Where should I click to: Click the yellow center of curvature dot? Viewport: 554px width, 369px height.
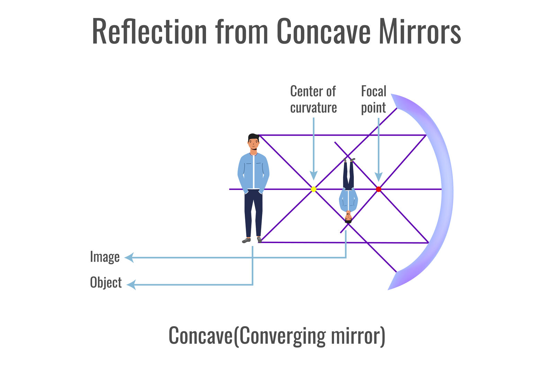click(314, 189)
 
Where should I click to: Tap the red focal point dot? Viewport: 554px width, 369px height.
click(378, 189)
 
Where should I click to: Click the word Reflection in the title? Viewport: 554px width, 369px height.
click(149, 31)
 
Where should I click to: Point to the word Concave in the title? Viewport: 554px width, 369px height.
click(324, 31)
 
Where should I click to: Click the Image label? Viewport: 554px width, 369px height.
click(105, 257)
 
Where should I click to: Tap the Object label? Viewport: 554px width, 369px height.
click(106, 283)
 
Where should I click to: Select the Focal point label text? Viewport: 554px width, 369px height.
click(374, 99)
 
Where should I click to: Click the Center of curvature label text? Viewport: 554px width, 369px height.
click(313, 99)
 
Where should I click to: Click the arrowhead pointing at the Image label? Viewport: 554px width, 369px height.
click(129, 258)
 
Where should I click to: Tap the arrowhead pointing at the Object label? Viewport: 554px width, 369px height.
click(131, 285)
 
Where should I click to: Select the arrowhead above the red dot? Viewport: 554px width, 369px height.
click(378, 177)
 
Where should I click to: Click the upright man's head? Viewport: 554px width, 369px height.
click(253, 141)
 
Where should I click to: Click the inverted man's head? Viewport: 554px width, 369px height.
click(348, 217)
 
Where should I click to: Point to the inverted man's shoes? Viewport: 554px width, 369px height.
click(349, 160)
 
